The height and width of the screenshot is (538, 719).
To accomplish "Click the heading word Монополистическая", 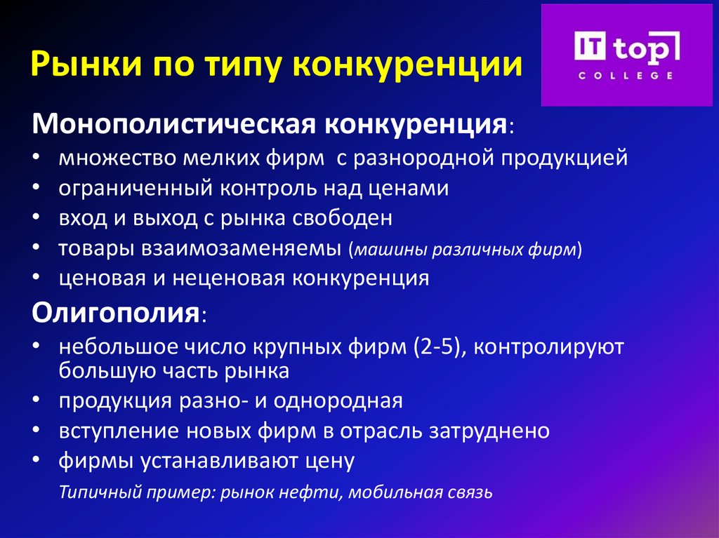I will click(x=173, y=126).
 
